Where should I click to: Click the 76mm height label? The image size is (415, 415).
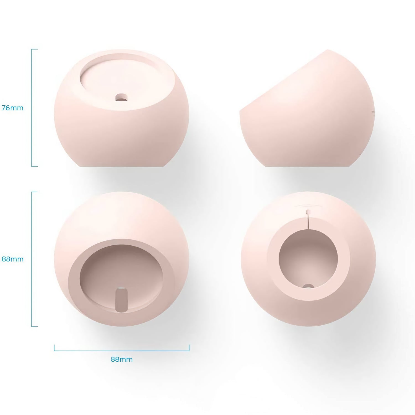coord(12,108)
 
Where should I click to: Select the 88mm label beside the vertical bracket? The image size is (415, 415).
coord(12,259)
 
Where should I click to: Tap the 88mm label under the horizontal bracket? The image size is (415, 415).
coord(121,359)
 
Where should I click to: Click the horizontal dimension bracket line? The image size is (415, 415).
coord(121,351)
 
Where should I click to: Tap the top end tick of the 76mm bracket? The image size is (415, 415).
coord(35,49)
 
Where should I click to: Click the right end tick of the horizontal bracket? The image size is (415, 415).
coord(189,348)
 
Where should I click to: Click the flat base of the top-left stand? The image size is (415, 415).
coord(121,165)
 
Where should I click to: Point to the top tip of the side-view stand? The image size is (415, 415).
coord(328,50)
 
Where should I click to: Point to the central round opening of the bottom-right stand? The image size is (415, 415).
coord(308,257)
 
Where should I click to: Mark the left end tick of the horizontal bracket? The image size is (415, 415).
coord(54,348)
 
